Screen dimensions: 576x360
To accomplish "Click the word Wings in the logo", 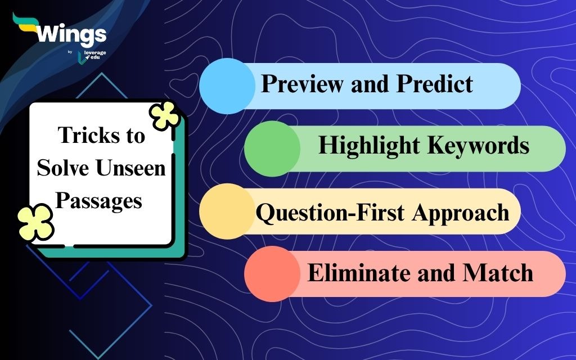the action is click(x=71, y=35).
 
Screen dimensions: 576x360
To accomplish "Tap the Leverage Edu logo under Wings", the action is click(x=92, y=57).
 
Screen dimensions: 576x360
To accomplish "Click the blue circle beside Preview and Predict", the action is click(x=227, y=86).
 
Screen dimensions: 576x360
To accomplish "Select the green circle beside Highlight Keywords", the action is click(x=272, y=148).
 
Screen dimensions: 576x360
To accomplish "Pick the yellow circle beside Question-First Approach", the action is click(x=227, y=211).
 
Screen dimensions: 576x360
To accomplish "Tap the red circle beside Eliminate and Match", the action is click(x=272, y=274).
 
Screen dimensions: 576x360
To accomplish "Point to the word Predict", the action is click(x=435, y=83).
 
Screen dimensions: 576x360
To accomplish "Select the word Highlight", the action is click(x=369, y=146).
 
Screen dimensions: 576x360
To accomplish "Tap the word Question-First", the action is click(x=331, y=212).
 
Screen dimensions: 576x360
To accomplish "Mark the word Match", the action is click(x=497, y=273).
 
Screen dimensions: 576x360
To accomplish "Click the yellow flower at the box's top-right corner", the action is click(x=165, y=115).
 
